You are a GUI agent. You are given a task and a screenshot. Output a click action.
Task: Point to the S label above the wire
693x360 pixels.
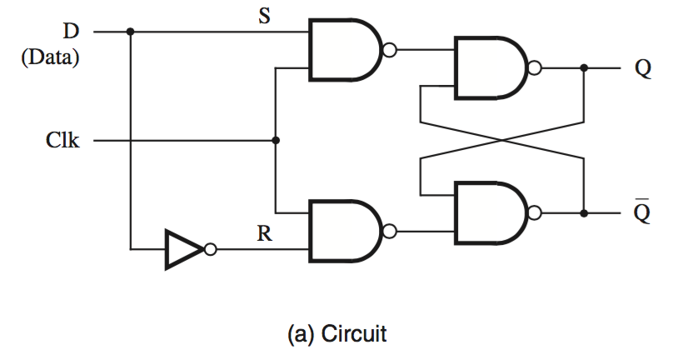click(x=263, y=17)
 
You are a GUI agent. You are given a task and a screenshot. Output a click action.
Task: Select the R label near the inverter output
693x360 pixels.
click(x=264, y=234)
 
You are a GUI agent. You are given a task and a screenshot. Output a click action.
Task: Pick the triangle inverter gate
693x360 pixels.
click(x=183, y=249)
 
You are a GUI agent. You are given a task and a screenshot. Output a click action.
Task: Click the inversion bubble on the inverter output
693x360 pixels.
click(x=211, y=249)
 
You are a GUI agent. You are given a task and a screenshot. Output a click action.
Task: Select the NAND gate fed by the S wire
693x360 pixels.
click(x=343, y=50)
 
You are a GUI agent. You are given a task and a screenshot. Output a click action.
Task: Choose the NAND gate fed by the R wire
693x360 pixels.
click(x=343, y=231)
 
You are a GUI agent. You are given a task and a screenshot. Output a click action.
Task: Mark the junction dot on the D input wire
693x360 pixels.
click(x=131, y=32)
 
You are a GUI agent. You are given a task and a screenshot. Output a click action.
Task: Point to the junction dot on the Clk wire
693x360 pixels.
click(x=276, y=141)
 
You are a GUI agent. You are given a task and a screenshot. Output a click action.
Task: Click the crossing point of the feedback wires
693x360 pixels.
click(x=502, y=141)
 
